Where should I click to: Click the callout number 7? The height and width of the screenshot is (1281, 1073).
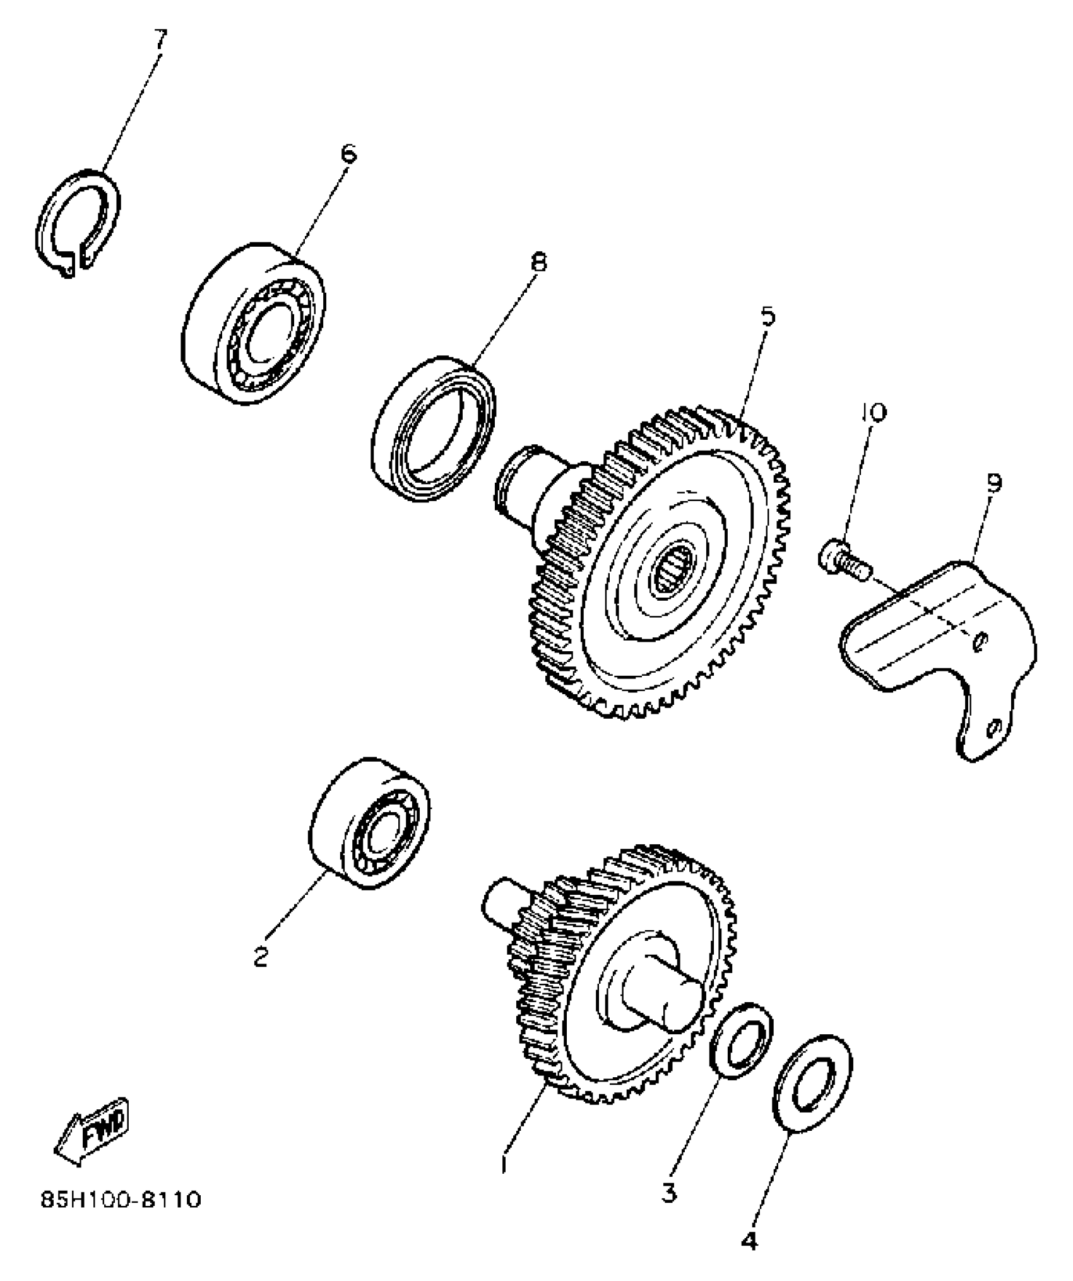pos(159,40)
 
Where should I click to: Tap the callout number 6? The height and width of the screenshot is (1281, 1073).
pos(348,154)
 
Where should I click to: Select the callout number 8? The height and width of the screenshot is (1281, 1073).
pos(538,261)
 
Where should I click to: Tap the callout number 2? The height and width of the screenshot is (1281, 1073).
pos(260,957)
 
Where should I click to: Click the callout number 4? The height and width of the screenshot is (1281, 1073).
pos(748,1241)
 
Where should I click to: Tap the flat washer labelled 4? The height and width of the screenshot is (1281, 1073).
pos(812,1083)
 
